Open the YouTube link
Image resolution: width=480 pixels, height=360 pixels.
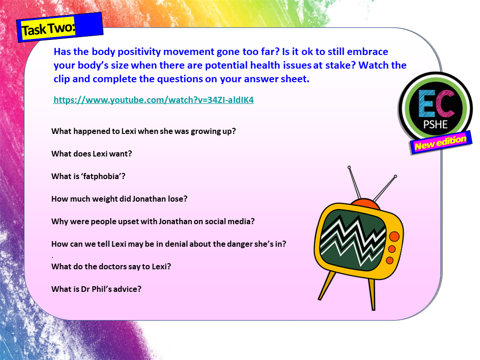tap(153, 100)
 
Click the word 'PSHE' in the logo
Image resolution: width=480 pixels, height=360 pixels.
tap(435, 125)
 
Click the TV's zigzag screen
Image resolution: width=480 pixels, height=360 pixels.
tap(353, 235)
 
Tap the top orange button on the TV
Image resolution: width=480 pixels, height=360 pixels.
tap(394, 236)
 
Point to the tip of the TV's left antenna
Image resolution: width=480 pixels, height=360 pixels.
tap(349, 167)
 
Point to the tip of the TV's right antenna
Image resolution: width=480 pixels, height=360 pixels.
tap(395, 177)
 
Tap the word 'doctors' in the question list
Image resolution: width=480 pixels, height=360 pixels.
tap(116, 266)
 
